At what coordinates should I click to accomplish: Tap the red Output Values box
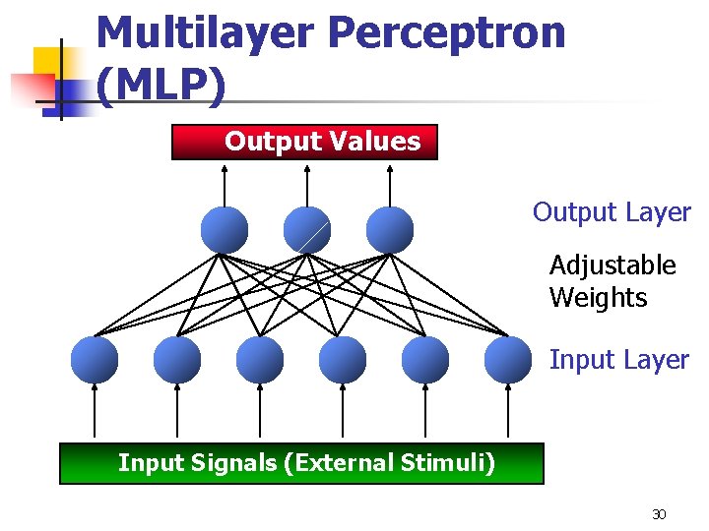(x=304, y=142)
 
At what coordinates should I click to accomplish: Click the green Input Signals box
(x=301, y=463)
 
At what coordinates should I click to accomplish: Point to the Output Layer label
(x=612, y=212)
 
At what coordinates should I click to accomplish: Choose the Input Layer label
(x=618, y=360)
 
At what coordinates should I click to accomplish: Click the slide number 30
(x=659, y=514)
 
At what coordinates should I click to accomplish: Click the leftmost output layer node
(x=225, y=230)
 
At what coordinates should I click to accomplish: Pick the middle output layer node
(x=307, y=230)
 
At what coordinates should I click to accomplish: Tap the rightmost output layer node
(x=390, y=230)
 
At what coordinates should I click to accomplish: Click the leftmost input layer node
(x=95, y=360)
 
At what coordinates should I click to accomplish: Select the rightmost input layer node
(x=508, y=360)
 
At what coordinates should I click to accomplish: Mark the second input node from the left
(x=177, y=360)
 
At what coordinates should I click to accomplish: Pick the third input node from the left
(x=260, y=360)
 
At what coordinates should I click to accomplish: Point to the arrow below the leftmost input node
(x=95, y=413)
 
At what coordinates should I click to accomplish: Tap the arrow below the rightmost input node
(x=508, y=413)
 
